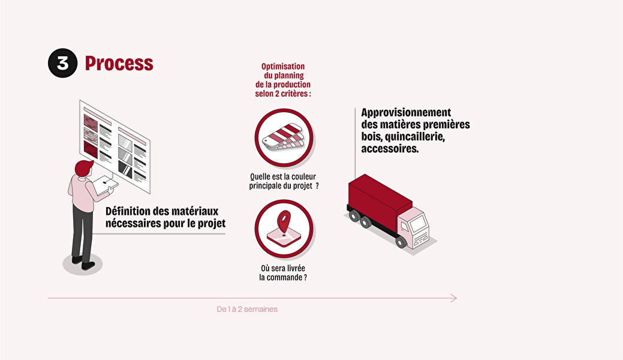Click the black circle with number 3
pyautogui.click(x=63, y=63)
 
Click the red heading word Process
pyautogui.click(x=119, y=63)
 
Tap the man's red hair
pyautogui.click(x=83, y=167)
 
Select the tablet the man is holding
pyautogui.click(x=106, y=185)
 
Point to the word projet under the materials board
pyautogui.click(x=212, y=224)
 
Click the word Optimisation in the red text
pyautogui.click(x=283, y=67)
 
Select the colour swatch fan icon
pyautogui.click(x=283, y=136)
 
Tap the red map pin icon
pyautogui.click(x=284, y=222)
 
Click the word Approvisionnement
pyautogui.click(x=406, y=113)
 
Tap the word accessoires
pyautogui.click(x=390, y=149)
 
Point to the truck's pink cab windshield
pyautogui.click(x=418, y=223)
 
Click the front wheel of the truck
pyautogui.click(x=401, y=241)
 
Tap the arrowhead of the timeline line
pyautogui.click(x=454, y=298)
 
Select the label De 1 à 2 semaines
pyautogui.click(x=247, y=309)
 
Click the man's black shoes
pyautogui.click(x=83, y=263)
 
